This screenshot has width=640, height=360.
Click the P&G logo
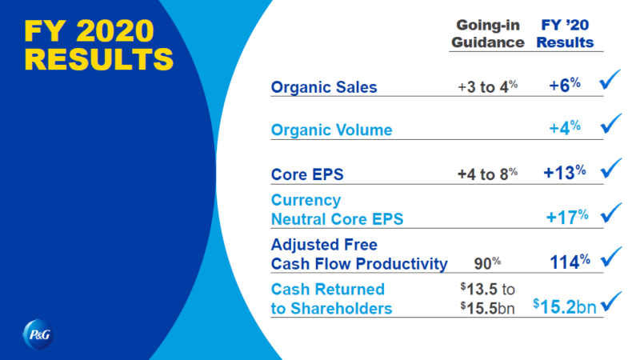click(x=38, y=334)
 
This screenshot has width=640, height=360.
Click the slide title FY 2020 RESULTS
click(x=98, y=45)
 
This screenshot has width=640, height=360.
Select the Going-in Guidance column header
click(x=488, y=34)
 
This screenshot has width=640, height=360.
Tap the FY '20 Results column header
click(x=565, y=34)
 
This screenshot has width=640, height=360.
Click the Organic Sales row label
click(x=324, y=87)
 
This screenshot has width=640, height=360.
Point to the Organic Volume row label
click(x=331, y=130)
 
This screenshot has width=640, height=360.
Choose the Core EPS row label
click(x=307, y=174)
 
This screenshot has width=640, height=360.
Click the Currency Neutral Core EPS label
click(x=337, y=210)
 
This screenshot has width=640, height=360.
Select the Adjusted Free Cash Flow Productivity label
click(x=359, y=254)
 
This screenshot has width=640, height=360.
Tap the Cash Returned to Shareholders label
click(x=331, y=298)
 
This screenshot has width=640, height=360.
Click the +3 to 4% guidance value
click(x=488, y=86)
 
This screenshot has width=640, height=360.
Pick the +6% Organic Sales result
click(x=565, y=85)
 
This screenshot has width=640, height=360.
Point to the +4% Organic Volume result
click(x=565, y=128)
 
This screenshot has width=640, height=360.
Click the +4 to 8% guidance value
click(x=488, y=174)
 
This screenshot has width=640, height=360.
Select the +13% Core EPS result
click(x=565, y=172)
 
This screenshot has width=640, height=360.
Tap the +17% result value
click(x=567, y=217)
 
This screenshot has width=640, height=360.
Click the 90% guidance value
click(x=488, y=263)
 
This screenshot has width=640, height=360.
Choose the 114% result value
click(x=570, y=262)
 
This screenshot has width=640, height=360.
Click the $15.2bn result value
click(x=565, y=306)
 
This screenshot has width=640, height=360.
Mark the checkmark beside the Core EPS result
click(x=611, y=168)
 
